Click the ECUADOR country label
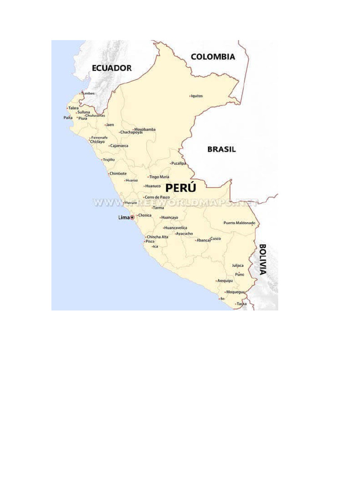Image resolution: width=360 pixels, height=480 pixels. [112, 68]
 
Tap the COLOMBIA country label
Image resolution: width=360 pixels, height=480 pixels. [213, 57]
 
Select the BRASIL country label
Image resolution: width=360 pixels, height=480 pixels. [222, 149]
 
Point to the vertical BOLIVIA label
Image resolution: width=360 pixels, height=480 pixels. [262, 259]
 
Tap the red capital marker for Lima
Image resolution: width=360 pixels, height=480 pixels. [132, 217]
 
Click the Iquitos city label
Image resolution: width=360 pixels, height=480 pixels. [197, 96]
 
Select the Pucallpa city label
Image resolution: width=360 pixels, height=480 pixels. [179, 163]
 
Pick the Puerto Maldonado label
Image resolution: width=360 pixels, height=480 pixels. [240, 223]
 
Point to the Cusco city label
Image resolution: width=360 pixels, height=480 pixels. [216, 239]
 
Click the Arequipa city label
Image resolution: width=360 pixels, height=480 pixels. [225, 281]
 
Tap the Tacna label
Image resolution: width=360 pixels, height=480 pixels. [241, 304]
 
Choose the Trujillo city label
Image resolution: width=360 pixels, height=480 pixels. [109, 160]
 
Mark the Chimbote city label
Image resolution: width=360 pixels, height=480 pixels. [118, 173]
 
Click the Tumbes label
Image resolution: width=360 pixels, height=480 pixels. [88, 93]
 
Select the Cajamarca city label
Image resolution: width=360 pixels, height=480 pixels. [119, 146]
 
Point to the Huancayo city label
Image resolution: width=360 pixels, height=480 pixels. [170, 217]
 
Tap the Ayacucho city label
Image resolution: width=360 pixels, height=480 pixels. [184, 233]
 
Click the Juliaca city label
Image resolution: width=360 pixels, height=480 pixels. [238, 265]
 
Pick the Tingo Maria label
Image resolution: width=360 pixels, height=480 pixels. [159, 177]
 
